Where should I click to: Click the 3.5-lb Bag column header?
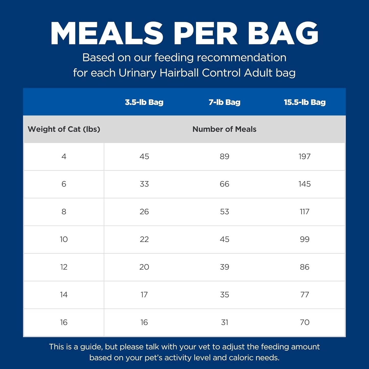pyautogui.click(x=144, y=102)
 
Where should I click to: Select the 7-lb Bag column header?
pyautogui.click(x=224, y=102)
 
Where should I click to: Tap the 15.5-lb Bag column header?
pyautogui.click(x=305, y=102)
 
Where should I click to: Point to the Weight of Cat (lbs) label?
pyautogui.click(x=64, y=129)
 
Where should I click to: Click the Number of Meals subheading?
pyautogui.click(x=224, y=129)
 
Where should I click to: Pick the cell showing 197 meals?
pyautogui.click(x=305, y=156)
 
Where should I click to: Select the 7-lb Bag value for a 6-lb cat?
pyautogui.click(x=224, y=184)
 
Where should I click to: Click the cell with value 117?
pyautogui.click(x=305, y=211)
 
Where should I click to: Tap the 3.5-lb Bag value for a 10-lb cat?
pyautogui.click(x=144, y=239)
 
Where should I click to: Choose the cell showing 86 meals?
pyautogui.click(x=305, y=267)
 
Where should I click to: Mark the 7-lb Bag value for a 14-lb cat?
pyautogui.click(x=224, y=294)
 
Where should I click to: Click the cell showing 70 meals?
pyautogui.click(x=305, y=322)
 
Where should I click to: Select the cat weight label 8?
pyautogui.click(x=64, y=211)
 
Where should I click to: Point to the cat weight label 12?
pyautogui.click(x=64, y=267)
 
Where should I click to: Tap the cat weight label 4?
pyautogui.click(x=64, y=156)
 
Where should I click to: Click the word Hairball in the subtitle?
pyautogui.click(x=179, y=73)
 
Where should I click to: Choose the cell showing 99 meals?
pyautogui.click(x=305, y=239)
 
